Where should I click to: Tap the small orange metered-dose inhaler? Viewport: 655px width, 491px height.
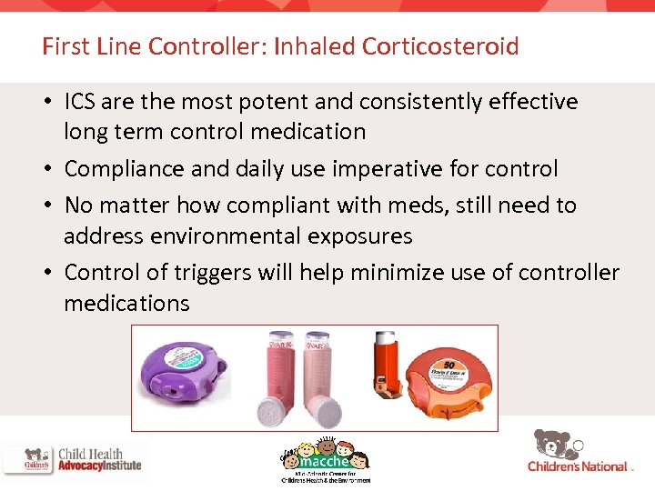tap(386, 367)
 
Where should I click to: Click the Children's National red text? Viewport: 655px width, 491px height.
tap(578, 466)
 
